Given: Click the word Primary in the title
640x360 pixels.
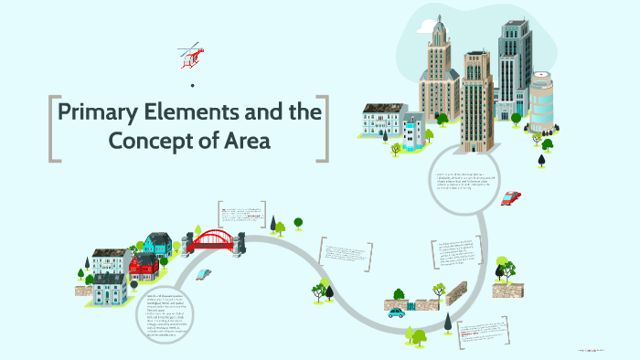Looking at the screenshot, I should pos(99,114).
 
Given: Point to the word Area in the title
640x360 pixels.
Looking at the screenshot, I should pos(247,142).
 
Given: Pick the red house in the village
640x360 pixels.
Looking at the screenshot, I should pos(144,266).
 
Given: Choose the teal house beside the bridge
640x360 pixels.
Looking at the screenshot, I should pos(157,242).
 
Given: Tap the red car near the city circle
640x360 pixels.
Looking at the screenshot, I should pos(511,198).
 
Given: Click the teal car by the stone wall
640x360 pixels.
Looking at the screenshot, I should pos(397,312).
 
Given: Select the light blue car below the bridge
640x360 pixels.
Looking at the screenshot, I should pos(203,273).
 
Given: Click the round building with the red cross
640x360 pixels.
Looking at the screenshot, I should pos(540,100).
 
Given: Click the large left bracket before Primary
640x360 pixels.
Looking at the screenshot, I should pos(53,129).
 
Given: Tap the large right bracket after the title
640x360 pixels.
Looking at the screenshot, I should pos(322,129).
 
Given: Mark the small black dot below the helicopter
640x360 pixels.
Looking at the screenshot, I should pos(192,86).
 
